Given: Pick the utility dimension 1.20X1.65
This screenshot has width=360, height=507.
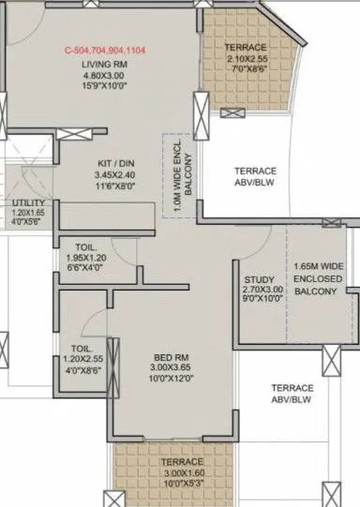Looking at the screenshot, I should coord(28,214).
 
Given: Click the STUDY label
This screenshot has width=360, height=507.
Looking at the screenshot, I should coord(259,279).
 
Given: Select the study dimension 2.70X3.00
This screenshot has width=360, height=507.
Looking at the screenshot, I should coord(259,291).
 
